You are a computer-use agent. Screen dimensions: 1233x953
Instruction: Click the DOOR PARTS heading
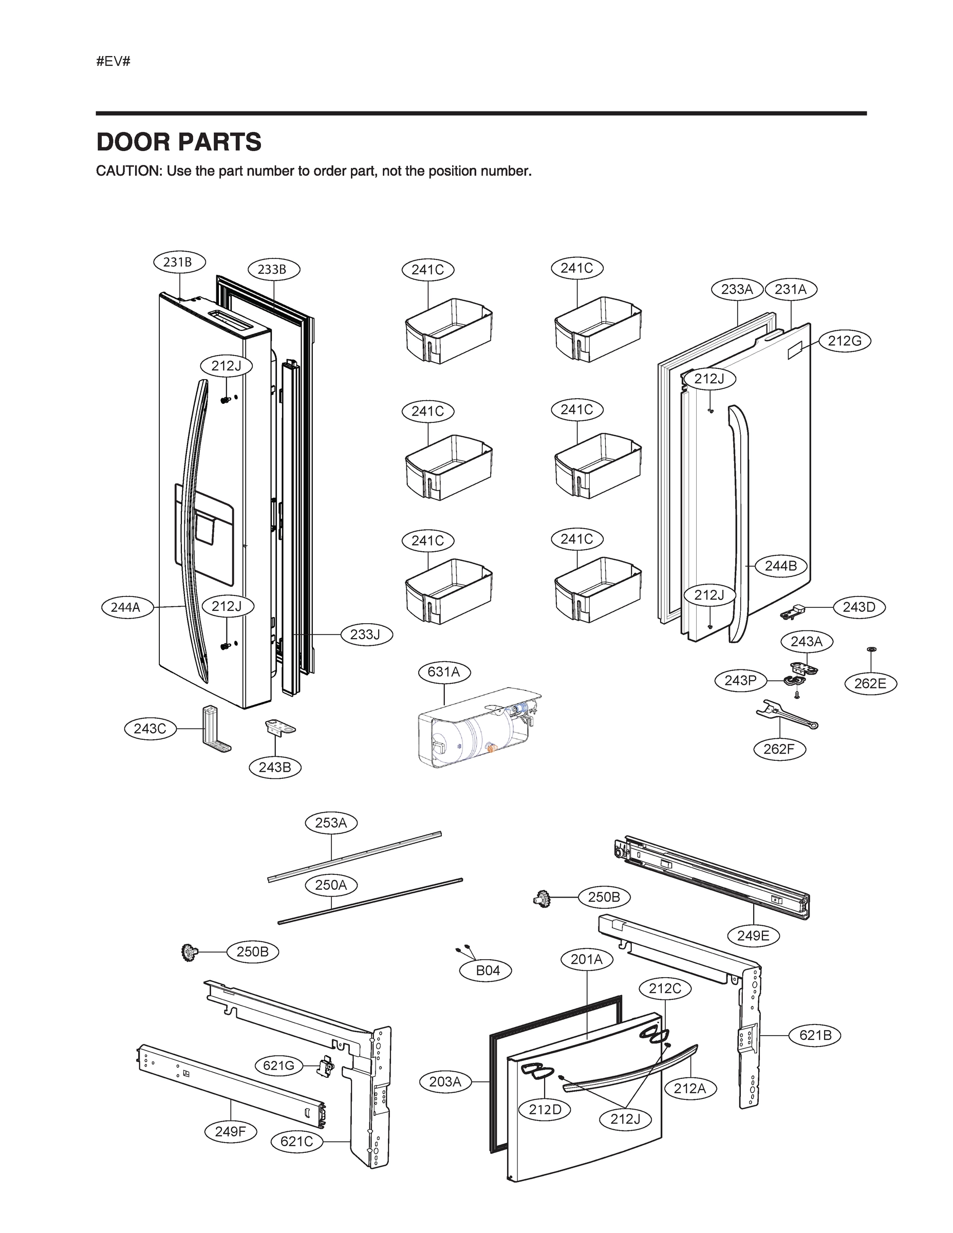pyautogui.click(x=178, y=142)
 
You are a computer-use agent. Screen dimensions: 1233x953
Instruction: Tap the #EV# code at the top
pyautogui.click(x=113, y=62)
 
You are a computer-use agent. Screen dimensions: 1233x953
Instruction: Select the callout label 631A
pyautogui.click(x=444, y=672)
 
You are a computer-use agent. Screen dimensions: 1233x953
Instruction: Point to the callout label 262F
pyautogui.click(x=780, y=749)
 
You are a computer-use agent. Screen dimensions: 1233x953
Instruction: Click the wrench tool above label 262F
pyautogui.click(x=786, y=715)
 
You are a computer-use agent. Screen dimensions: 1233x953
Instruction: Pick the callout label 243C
pyautogui.click(x=150, y=729)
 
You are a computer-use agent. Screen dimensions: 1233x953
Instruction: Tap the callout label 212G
pyautogui.click(x=845, y=341)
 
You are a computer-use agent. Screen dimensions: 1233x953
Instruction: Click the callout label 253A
pyautogui.click(x=331, y=823)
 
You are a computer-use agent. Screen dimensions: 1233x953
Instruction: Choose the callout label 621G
pyautogui.click(x=279, y=1066)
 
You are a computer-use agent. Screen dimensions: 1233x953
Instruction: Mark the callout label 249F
pyautogui.click(x=230, y=1131)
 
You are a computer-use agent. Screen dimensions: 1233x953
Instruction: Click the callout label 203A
pyautogui.click(x=445, y=1081)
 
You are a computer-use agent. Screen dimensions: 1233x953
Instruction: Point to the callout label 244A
pyautogui.click(x=125, y=607)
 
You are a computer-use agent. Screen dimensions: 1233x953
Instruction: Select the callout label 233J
pyautogui.click(x=365, y=634)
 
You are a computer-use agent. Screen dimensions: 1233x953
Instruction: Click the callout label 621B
pyautogui.click(x=815, y=1035)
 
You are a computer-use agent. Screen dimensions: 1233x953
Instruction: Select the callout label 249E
pyautogui.click(x=753, y=936)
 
